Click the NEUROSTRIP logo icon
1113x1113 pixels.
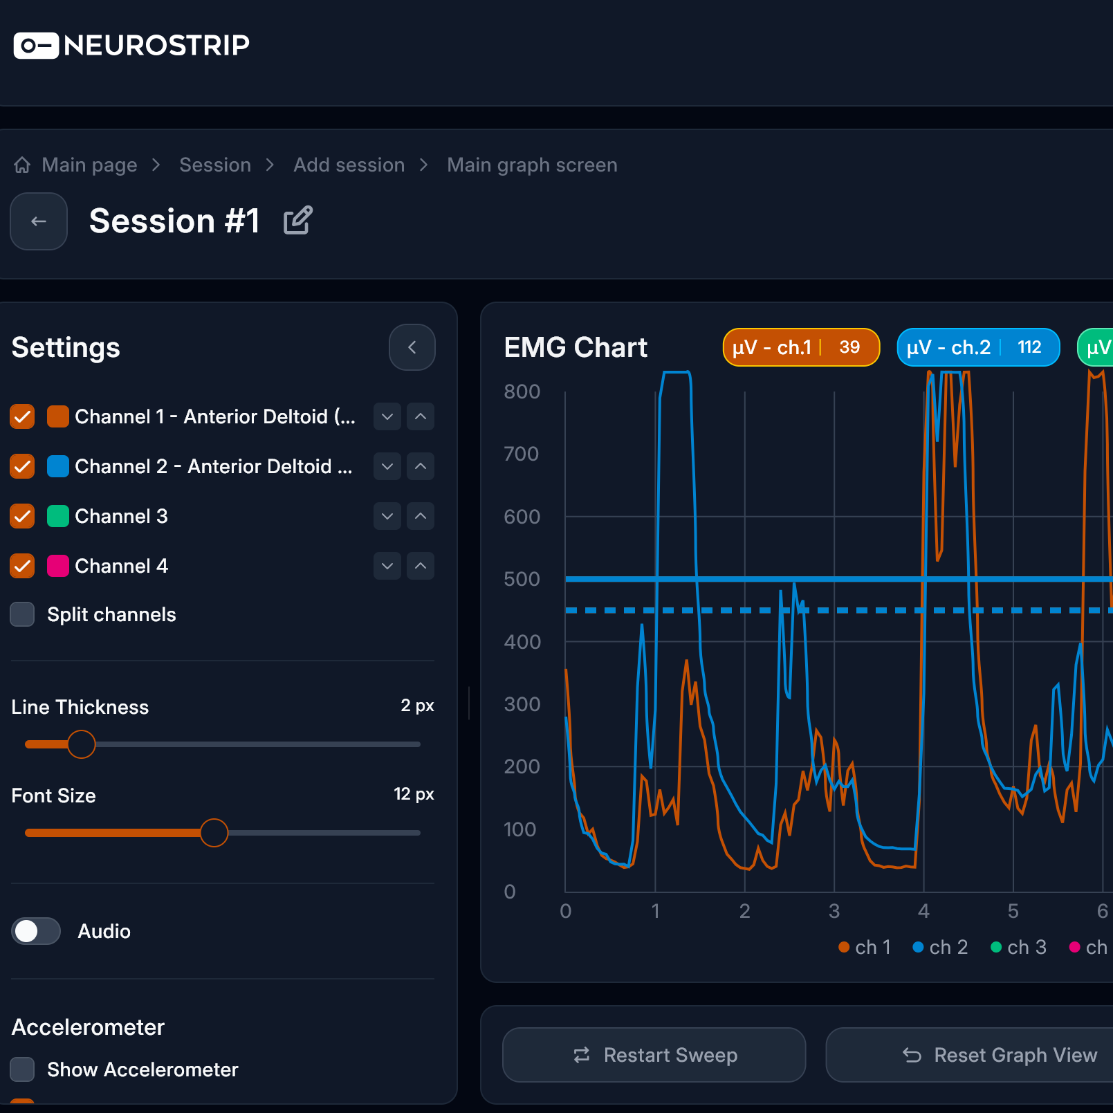(36, 46)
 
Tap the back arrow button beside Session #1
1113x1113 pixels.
(39, 221)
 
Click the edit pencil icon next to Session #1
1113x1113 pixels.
(298, 221)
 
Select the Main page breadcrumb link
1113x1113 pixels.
(89, 165)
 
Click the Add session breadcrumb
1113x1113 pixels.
(349, 165)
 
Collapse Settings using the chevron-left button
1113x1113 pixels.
(412, 347)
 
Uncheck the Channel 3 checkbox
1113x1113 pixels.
(23, 516)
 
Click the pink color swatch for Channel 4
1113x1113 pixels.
(58, 566)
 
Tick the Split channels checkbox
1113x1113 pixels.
(23, 614)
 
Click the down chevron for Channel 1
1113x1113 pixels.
(387, 416)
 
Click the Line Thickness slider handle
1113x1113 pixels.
(82, 744)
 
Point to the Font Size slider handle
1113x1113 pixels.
(214, 833)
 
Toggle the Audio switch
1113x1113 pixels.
(36, 931)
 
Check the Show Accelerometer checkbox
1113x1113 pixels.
(23, 1069)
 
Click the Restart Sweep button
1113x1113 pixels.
(654, 1055)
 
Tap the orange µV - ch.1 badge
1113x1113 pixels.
(801, 347)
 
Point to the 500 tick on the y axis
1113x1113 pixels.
(522, 579)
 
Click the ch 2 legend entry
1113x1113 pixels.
(940, 947)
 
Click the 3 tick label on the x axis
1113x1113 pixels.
(834, 911)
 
